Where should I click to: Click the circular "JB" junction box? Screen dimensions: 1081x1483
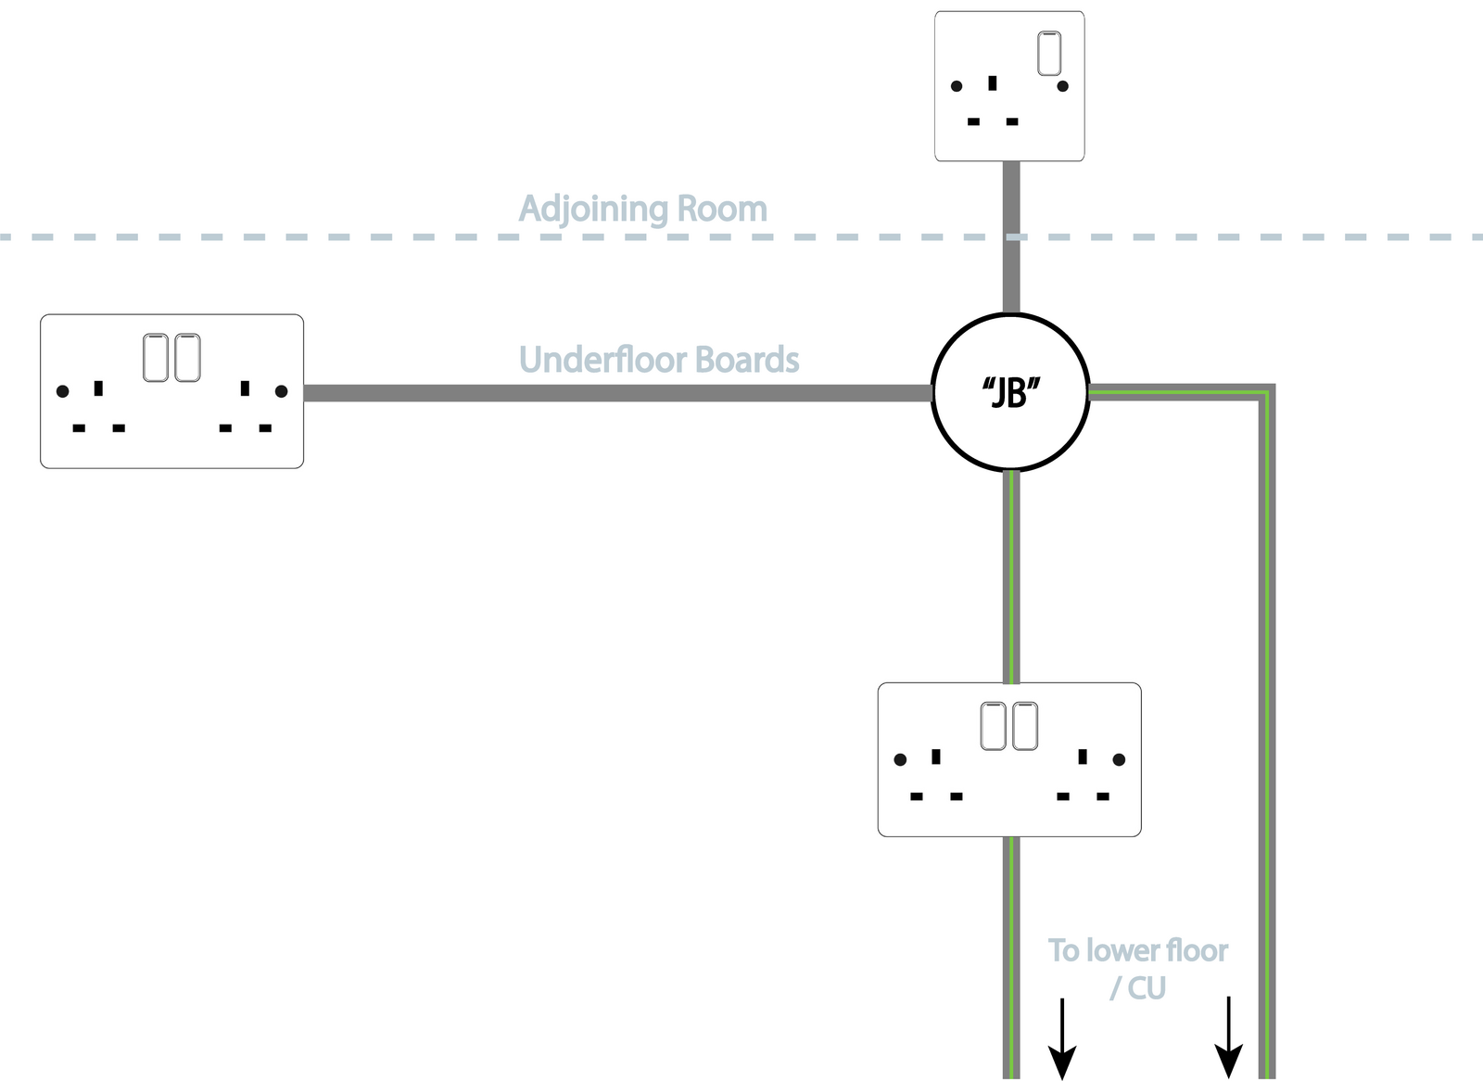click(1010, 392)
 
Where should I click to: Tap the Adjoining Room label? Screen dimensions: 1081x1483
click(642, 209)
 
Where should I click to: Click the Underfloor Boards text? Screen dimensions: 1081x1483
click(658, 360)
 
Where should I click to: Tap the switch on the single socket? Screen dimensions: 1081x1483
click(1049, 53)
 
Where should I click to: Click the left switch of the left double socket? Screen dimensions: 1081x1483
click(156, 358)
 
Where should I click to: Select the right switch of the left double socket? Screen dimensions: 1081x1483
click(187, 358)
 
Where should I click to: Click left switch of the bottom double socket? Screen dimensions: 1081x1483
click(993, 726)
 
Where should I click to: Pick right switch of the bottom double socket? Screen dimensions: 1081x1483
click(1025, 726)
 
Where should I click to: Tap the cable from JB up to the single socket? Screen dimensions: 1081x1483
click(1011, 269)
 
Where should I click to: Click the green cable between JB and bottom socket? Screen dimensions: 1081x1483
click(1011, 575)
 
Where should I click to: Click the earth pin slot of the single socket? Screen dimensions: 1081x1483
click(993, 83)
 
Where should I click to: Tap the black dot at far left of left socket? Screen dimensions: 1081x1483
click(63, 391)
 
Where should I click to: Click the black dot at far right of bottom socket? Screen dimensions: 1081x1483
click(1119, 759)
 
